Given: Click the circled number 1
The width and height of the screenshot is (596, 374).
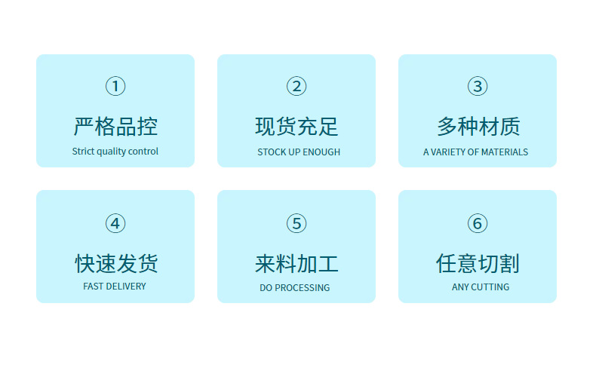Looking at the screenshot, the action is [115, 86].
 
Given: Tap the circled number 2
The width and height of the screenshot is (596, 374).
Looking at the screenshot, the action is [296, 86].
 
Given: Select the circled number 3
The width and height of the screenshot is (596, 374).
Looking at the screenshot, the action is [478, 86].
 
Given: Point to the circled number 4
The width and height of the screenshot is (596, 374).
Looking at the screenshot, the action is [115, 223].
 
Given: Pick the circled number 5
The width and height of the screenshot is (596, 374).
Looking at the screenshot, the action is [296, 223].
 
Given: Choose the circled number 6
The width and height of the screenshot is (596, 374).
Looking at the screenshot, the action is [478, 223].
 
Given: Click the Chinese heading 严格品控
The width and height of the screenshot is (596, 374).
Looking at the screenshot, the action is [115, 126].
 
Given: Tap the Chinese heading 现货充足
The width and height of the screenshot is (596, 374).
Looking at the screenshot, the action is [296, 126].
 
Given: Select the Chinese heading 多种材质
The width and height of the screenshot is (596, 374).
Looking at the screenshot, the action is [478, 126].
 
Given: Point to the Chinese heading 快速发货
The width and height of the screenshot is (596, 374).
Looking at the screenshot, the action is [115, 263].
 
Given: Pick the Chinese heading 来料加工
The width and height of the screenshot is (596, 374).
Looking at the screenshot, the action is [296, 263].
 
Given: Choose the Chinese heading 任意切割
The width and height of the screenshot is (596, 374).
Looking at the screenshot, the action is [478, 263].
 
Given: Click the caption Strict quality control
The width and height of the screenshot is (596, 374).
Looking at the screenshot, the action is [115, 152].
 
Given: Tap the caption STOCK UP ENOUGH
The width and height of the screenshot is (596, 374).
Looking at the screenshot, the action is [299, 152].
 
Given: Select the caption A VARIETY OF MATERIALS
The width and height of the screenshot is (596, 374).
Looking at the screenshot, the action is [475, 152].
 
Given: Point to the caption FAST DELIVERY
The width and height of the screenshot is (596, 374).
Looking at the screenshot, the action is [115, 287].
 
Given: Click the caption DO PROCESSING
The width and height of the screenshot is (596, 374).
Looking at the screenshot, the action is [295, 287].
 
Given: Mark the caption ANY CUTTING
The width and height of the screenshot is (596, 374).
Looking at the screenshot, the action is [481, 287].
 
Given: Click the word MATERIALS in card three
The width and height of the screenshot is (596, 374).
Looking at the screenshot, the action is [505, 152].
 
